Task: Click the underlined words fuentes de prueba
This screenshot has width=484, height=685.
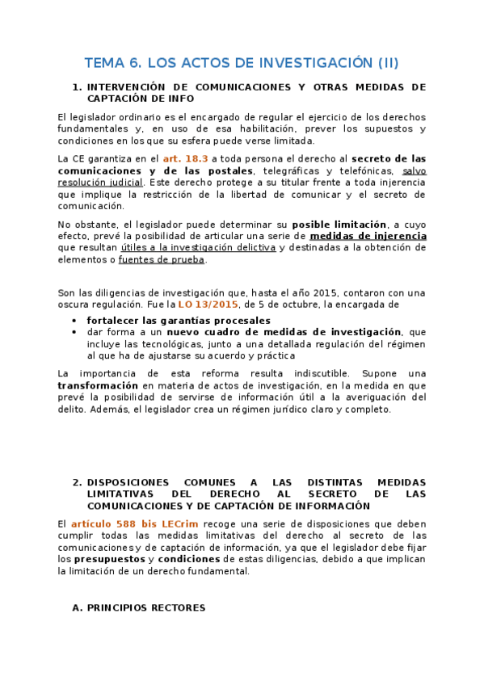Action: (x=162, y=259)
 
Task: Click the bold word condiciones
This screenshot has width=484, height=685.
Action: (x=190, y=558)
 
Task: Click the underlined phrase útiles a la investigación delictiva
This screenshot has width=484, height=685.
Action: (x=198, y=247)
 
